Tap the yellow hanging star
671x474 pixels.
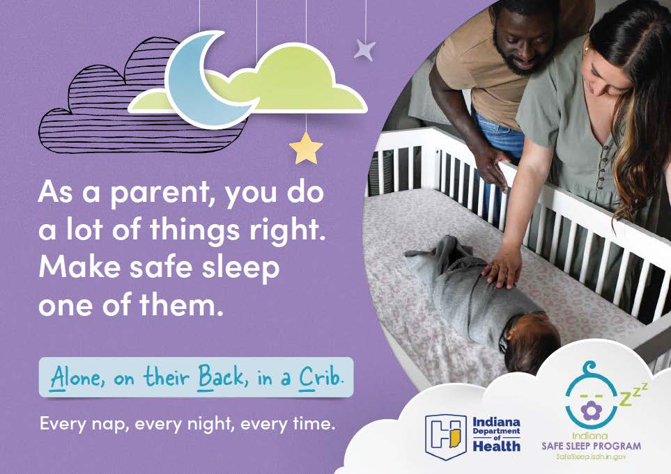pos(307,148)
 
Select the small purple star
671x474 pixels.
pos(364,49)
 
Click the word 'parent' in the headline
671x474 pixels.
pos(160,192)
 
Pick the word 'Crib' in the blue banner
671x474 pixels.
pos(321,377)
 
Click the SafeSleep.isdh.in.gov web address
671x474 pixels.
pos(591,457)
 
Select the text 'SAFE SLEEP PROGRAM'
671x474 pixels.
pos(591,445)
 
